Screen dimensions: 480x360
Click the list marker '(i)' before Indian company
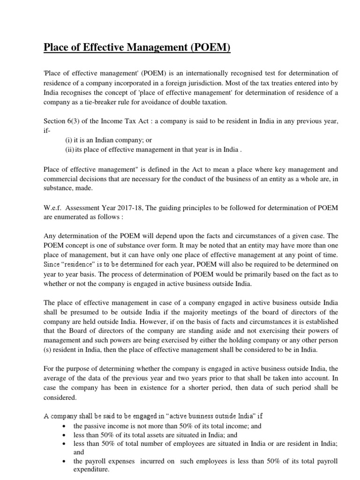tap(68, 140)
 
